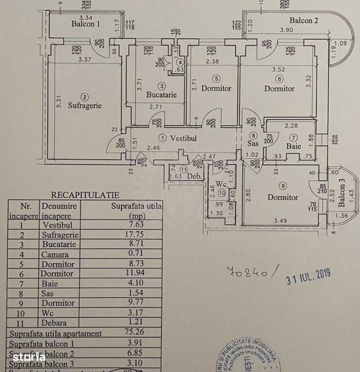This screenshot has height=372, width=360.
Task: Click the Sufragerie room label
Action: (x=84, y=105)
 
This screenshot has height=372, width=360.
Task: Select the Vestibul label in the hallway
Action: (x=183, y=138)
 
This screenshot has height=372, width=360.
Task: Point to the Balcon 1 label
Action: (x=86, y=24)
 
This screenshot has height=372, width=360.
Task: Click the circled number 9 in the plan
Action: (x=282, y=186)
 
